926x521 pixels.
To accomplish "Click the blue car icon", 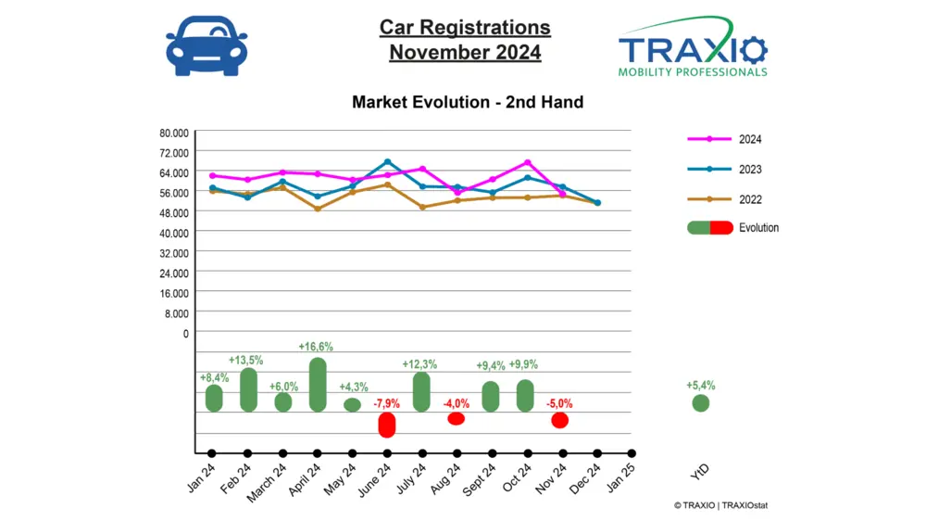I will (x=206, y=46).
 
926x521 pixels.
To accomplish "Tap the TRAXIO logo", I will (x=693, y=46).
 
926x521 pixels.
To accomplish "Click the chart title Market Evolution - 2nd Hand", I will (x=468, y=102).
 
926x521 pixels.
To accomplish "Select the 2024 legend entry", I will (x=732, y=139).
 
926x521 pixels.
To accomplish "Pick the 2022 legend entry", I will (x=732, y=198).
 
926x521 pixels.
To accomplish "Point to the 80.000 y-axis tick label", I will (x=173, y=132).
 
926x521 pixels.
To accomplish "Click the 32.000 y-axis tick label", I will (x=173, y=252).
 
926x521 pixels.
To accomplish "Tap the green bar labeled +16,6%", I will (x=318, y=384).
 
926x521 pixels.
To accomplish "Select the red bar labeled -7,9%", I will (x=387, y=425).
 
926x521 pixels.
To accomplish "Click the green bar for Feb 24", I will (x=248, y=389).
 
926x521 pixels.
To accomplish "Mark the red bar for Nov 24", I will (x=559, y=420).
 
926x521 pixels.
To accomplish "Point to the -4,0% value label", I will (x=456, y=403).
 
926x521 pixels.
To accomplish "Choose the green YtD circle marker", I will (x=701, y=402).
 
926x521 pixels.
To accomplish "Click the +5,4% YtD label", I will (x=701, y=385).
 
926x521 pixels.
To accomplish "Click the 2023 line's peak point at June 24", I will (x=387, y=161).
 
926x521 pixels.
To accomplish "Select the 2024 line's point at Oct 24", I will (x=527, y=162).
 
